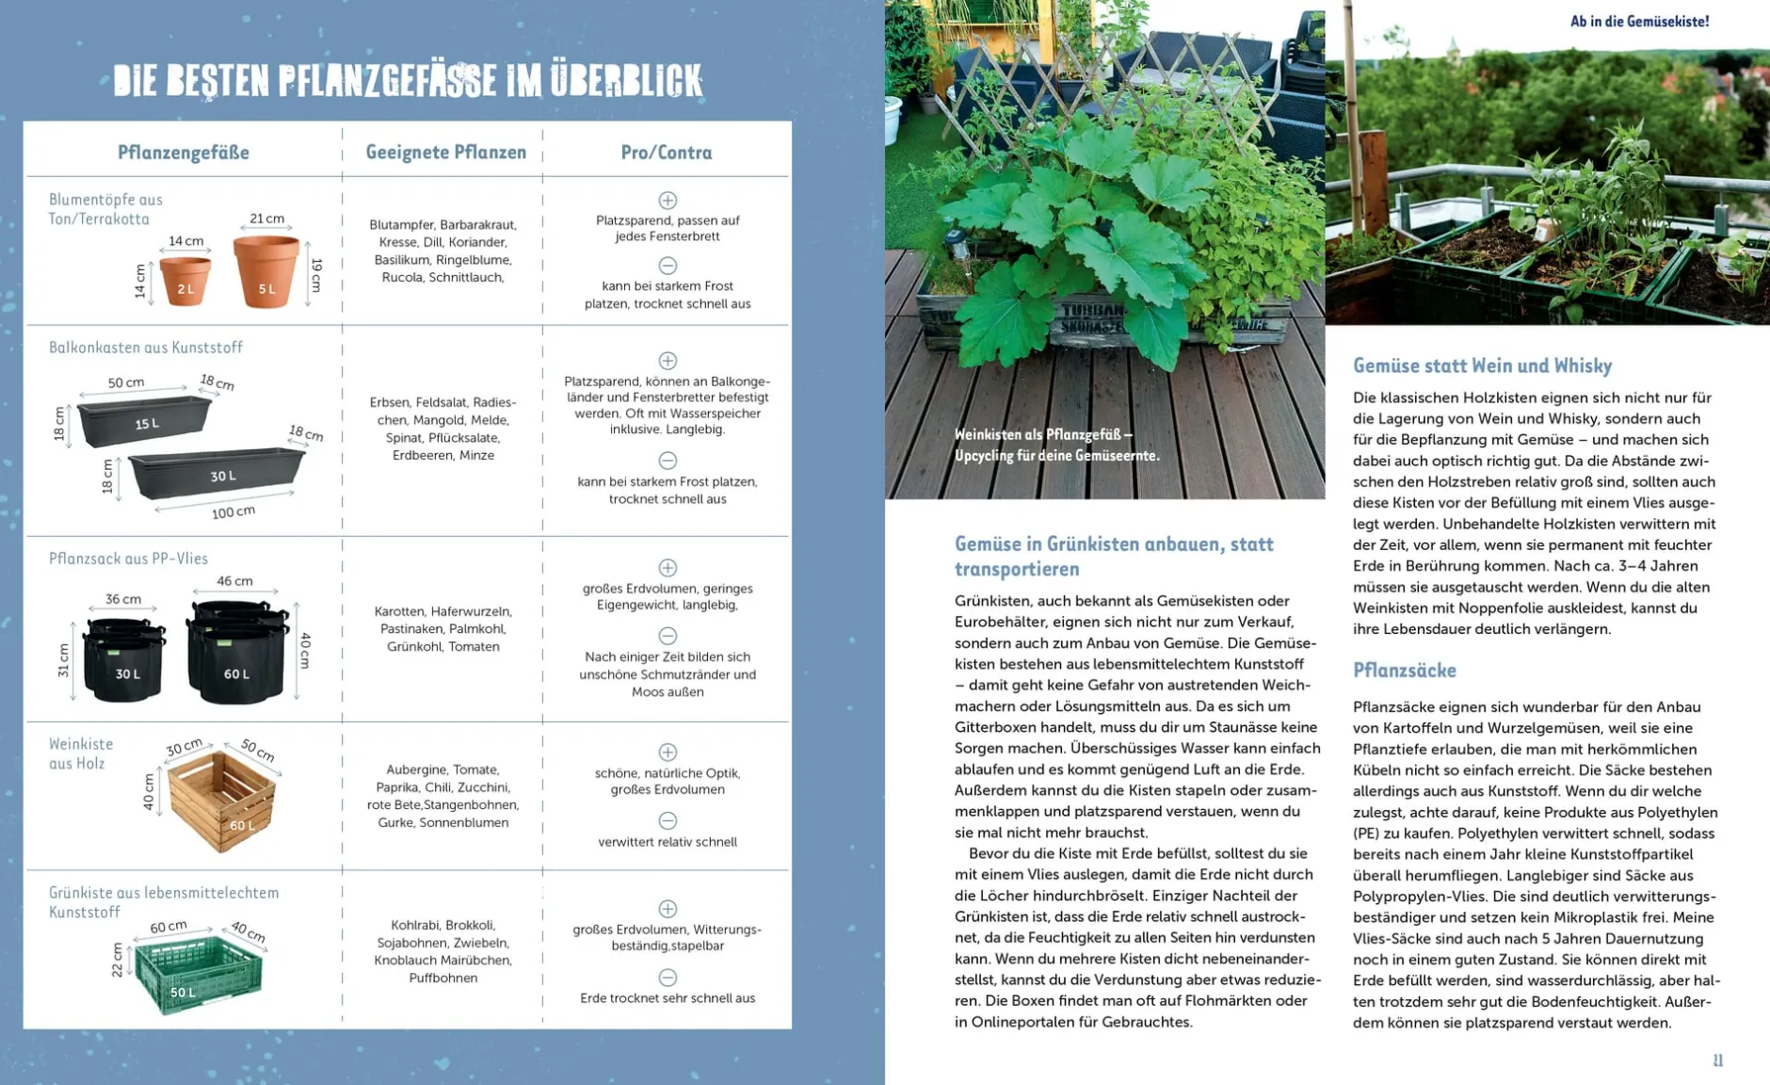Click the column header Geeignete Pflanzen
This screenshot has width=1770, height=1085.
(445, 153)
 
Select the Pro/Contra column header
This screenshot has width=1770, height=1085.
(666, 153)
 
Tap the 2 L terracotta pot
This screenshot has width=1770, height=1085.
(185, 281)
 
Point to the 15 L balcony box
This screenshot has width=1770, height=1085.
(145, 422)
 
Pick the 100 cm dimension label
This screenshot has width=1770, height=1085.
(233, 512)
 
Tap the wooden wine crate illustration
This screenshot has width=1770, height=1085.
(222, 802)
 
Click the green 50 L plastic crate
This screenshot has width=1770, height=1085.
(198, 974)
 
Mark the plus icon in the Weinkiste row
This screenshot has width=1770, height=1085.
(668, 752)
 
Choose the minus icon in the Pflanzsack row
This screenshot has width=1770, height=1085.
(668, 636)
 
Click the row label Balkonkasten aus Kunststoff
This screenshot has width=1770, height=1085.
(146, 348)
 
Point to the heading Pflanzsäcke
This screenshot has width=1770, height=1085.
(1404, 671)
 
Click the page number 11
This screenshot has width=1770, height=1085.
(1717, 1061)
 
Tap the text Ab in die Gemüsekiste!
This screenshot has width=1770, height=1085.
(1639, 22)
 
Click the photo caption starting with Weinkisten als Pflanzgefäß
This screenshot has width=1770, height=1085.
(1056, 445)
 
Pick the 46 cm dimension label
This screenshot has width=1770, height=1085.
(234, 581)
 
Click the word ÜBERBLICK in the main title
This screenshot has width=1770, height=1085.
(626, 81)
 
